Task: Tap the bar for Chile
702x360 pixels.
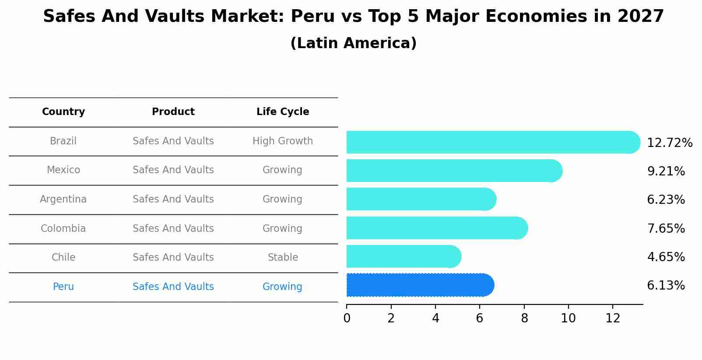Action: [x=403, y=257]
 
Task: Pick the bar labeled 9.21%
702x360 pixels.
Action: [x=453, y=171]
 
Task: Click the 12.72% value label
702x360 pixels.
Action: [x=669, y=143]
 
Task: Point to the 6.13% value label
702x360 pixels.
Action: [x=665, y=286]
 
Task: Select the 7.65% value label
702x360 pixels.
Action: [x=665, y=228]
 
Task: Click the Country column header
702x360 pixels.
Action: [x=63, y=112]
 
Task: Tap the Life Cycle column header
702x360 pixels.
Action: [x=283, y=112]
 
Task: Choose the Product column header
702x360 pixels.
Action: [x=173, y=112]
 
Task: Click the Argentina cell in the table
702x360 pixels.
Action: [x=63, y=199]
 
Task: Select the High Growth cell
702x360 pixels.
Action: [x=283, y=141]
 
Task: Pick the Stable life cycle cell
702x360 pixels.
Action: [x=283, y=258]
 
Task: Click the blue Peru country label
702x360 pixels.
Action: [x=63, y=287]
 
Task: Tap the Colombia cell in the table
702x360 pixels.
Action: [x=63, y=229]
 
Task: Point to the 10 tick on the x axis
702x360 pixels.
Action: [x=568, y=318]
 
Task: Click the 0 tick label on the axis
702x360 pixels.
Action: [x=347, y=318]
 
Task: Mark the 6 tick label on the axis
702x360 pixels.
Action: [x=480, y=318]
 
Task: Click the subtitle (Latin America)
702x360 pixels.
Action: [x=353, y=43]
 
